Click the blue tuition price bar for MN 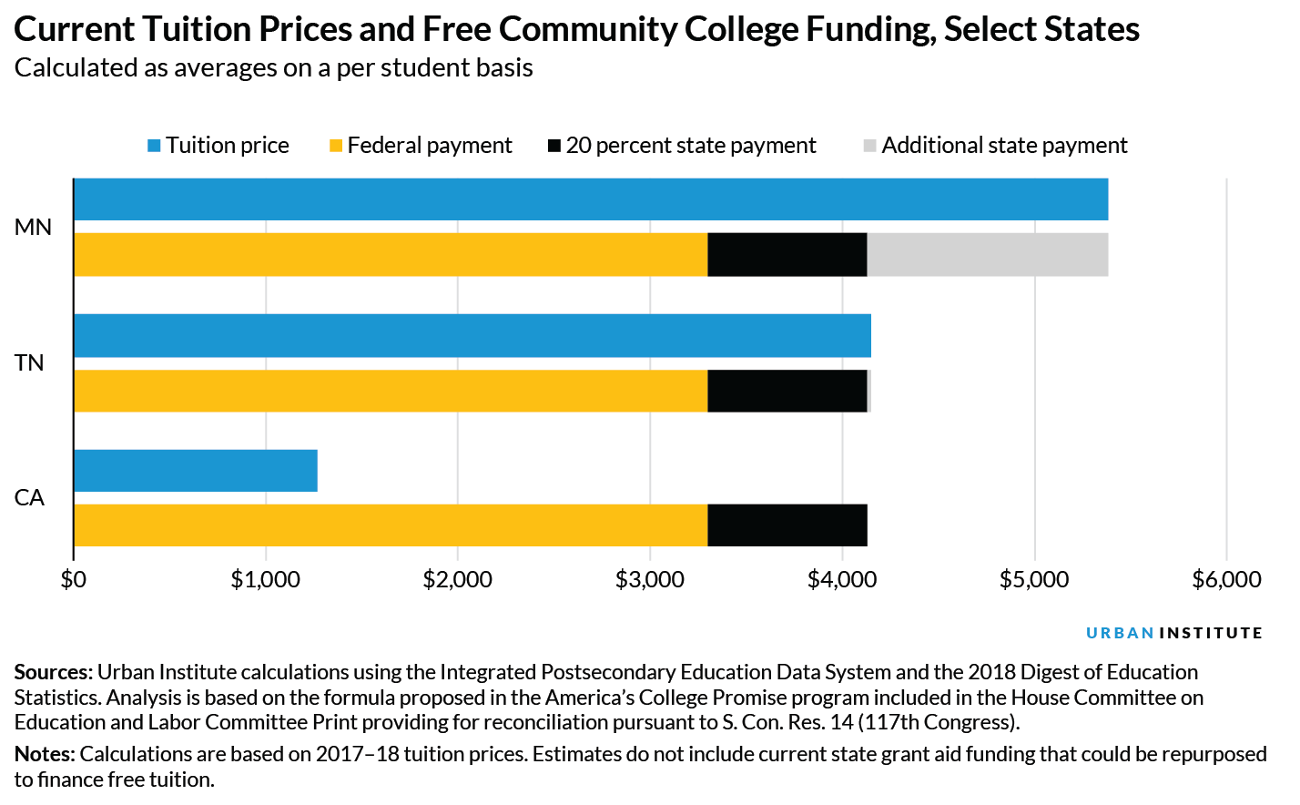pyautogui.click(x=590, y=199)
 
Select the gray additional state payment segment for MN pyautogui.click(x=987, y=255)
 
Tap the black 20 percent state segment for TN pyautogui.click(x=787, y=391)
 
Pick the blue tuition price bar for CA pyautogui.click(x=195, y=471)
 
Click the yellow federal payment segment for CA pyautogui.click(x=390, y=525)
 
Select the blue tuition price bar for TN pyautogui.click(x=472, y=336)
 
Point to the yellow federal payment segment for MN pyautogui.click(x=390, y=255)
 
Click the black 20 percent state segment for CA pyautogui.click(x=787, y=525)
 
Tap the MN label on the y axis pyautogui.click(x=33, y=228)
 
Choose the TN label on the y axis pyautogui.click(x=29, y=363)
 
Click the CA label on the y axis pyautogui.click(x=29, y=498)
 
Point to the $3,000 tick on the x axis pyautogui.click(x=649, y=580)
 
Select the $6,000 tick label pyautogui.click(x=1226, y=580)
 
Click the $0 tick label pyautogui.click(x=73, y=580)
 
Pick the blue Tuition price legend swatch pyautogui.click(x=155, y=146)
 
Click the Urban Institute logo pyautogui.click(x=1173, y=633)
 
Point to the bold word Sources pyautogui.click(x=53, y=672)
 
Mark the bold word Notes pyautogui.click(x=45, y=754)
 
